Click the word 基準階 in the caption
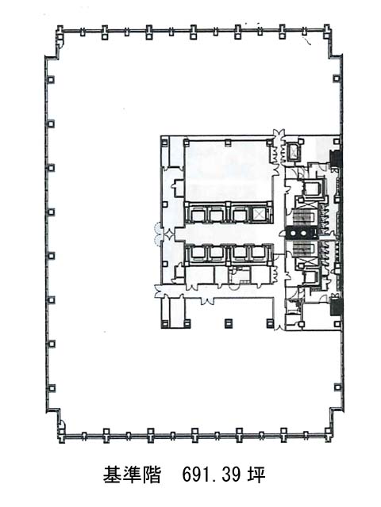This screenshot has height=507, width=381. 133,475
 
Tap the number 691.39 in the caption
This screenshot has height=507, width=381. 211,475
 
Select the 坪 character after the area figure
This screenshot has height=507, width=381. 256,475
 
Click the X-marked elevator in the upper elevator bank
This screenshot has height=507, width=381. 259,214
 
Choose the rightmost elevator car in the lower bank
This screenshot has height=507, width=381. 258,253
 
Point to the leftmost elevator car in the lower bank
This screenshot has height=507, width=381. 197,253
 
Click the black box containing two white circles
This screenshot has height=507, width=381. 299,232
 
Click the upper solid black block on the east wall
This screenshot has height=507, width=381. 335,159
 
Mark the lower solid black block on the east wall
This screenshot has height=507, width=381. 335,307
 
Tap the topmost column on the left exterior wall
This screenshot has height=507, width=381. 51,79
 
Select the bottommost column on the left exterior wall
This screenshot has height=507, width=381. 51,388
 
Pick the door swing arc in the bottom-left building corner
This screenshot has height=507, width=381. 62,424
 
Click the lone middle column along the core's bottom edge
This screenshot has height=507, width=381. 229,322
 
